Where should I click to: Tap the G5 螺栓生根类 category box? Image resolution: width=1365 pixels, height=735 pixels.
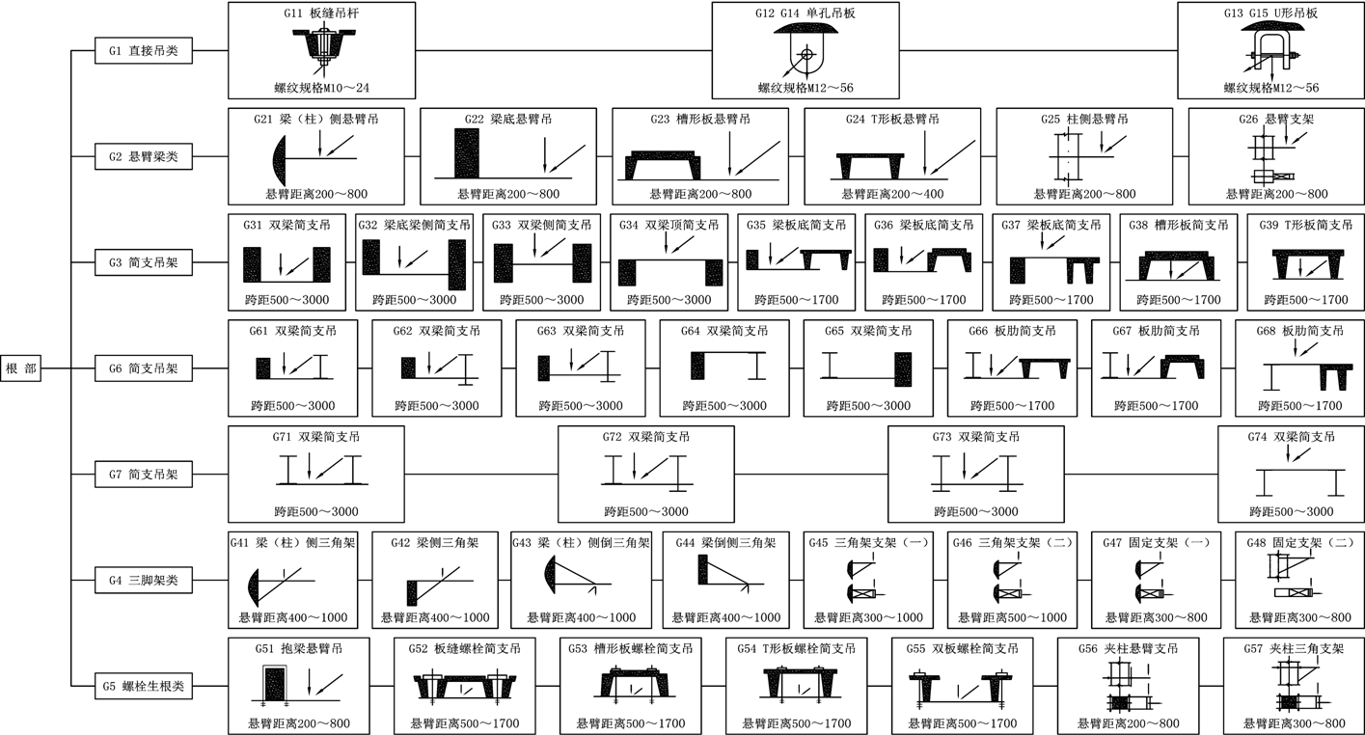pos(143,687)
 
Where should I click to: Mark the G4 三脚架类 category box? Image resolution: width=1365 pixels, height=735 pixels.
pos(143,581)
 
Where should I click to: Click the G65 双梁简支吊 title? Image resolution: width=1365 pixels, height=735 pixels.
pos(867,331)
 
